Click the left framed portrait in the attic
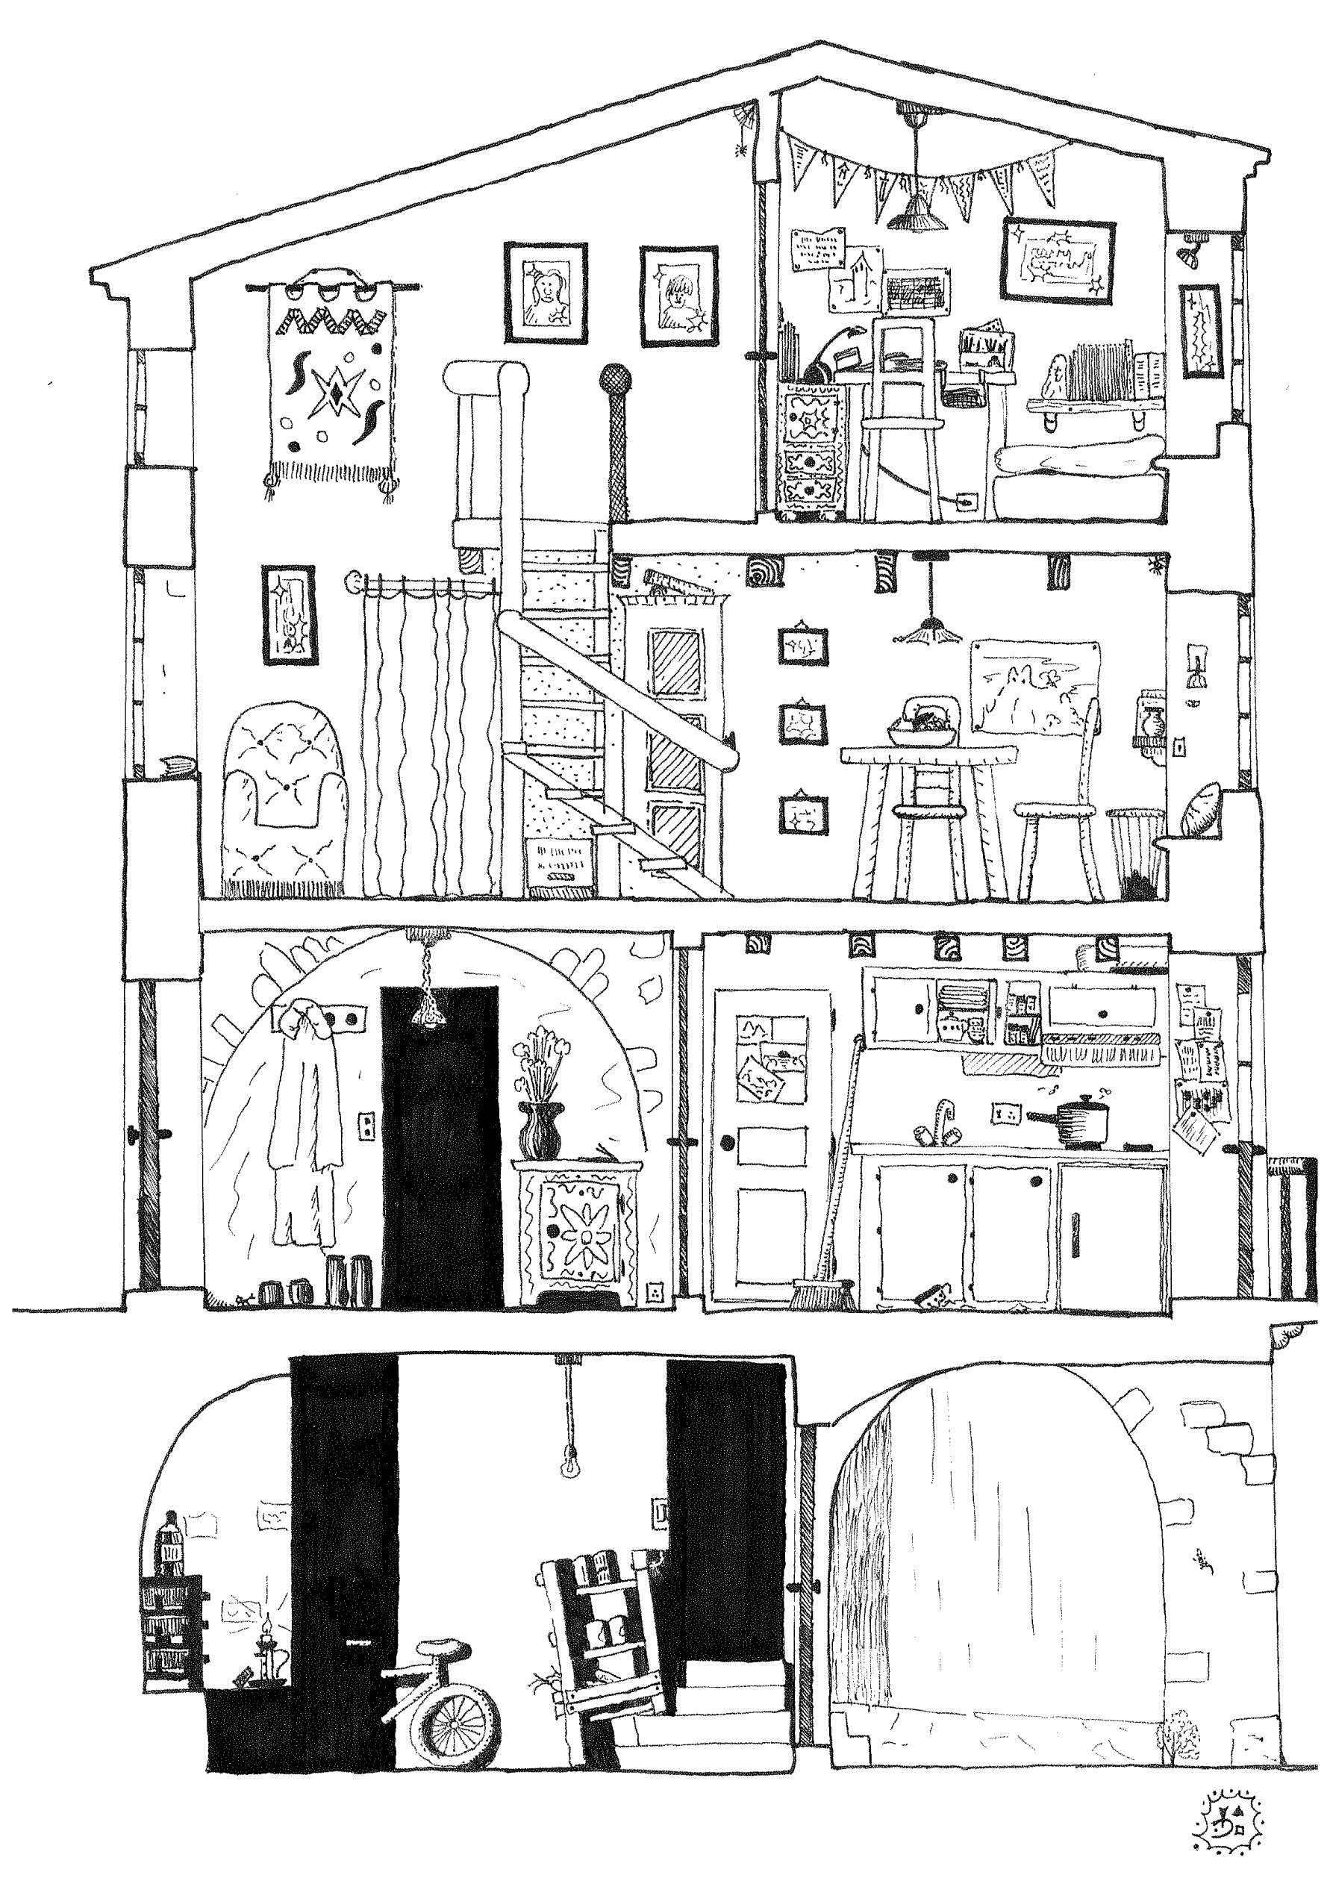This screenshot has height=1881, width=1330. (x=545, y=293)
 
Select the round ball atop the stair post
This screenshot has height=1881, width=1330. (x=615, y=379)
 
